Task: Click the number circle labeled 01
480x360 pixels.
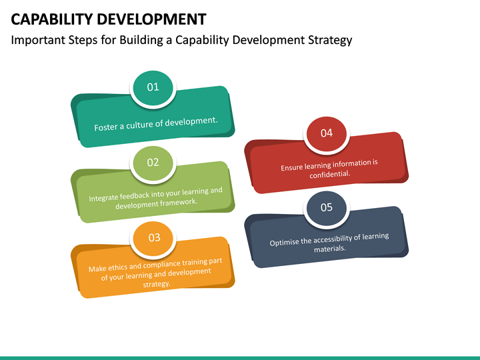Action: (153, 87)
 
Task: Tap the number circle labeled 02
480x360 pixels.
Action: (153, 162)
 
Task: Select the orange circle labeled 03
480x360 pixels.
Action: (154, 237)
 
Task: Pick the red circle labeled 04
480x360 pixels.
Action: (326, 133)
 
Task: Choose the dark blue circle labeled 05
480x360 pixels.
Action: (326, 207)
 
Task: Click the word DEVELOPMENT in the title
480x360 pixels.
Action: (155, 19)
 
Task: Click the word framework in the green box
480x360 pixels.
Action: (176, 201)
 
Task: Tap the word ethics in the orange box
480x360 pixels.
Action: (119, 267)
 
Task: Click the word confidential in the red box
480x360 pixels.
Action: (329, 175)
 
